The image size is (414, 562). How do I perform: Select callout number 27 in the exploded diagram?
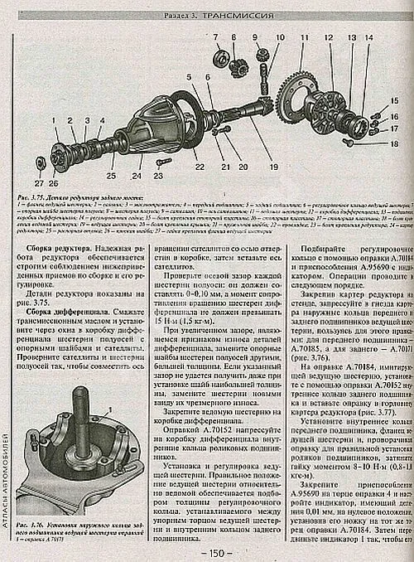(39, 182)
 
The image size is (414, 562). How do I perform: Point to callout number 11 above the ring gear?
(303, 38)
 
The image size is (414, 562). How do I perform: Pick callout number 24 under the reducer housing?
(136, 177)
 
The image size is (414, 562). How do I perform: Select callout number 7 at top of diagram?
(214, 37)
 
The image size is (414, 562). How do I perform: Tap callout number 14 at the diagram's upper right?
(368, 38)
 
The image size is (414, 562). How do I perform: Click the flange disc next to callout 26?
(58, 155)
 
